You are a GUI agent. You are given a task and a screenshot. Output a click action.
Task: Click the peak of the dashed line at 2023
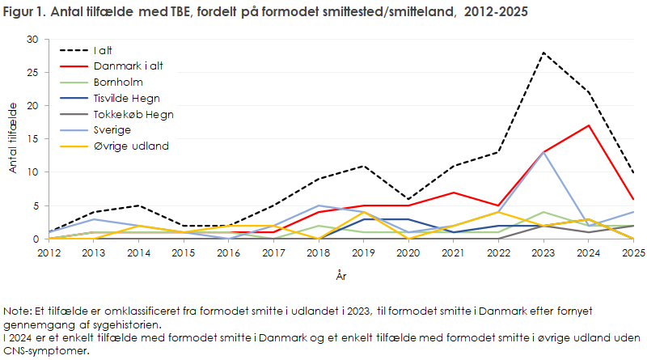click(x=543, y=53)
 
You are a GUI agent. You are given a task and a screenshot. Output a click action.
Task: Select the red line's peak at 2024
click(x=589, y=125)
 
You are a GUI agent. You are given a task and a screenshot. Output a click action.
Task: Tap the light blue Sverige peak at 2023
click(x=543, y=152)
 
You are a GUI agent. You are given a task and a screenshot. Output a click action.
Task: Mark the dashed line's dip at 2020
click(x=408, y=199)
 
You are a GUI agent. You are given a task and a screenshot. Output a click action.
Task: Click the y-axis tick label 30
click(x=32, y=39)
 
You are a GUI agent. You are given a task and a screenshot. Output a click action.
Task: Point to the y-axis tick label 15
click(x=32, y=138)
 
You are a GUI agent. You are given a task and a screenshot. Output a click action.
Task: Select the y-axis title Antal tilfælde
click(x=13, y=138)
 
